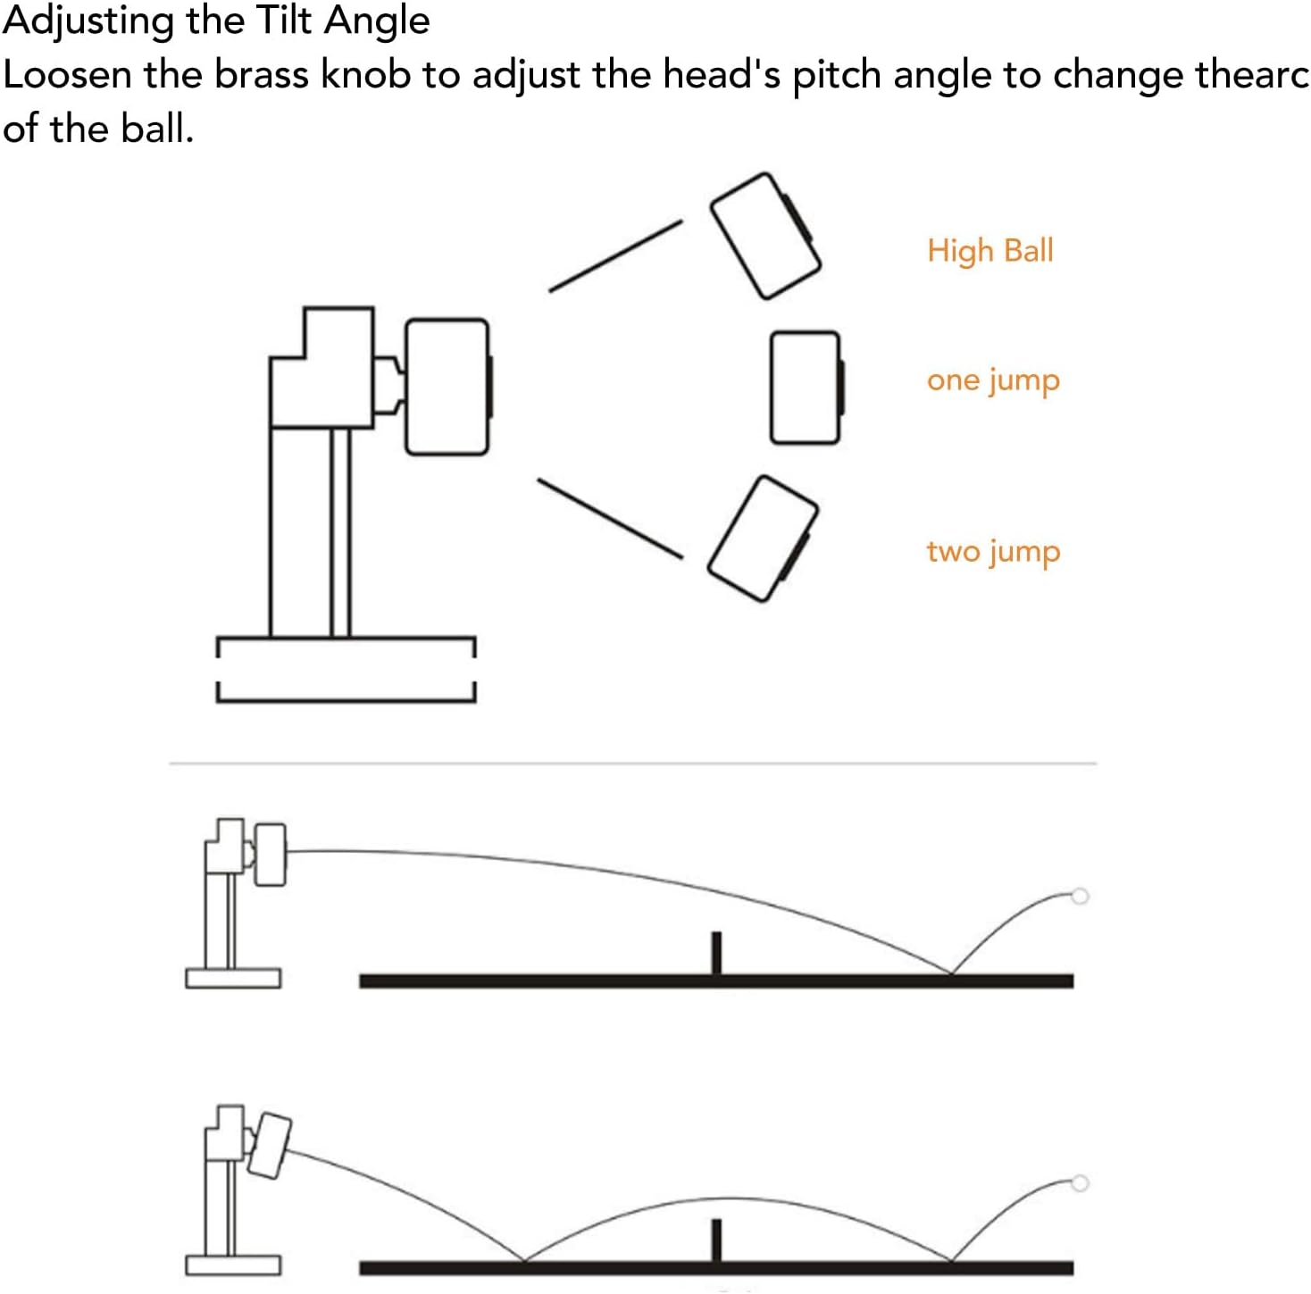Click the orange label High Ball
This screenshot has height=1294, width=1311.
990,251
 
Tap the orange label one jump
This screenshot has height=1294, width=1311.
992,381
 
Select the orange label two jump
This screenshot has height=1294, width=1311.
992,552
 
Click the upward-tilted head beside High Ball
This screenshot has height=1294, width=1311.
764,236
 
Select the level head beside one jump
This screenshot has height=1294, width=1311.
805,387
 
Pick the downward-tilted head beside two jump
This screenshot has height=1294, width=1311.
763,538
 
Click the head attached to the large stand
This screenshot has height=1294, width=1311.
447,387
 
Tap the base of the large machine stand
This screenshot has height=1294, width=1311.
346,669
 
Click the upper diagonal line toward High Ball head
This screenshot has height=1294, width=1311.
615,255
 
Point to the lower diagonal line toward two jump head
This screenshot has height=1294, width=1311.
610,519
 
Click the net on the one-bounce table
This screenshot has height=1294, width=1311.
715,953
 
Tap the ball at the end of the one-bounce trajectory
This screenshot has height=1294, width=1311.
1079,896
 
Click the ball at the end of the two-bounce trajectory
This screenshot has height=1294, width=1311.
1079,1183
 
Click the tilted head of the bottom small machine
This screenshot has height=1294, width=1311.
270,1144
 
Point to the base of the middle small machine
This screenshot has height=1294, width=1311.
233,978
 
